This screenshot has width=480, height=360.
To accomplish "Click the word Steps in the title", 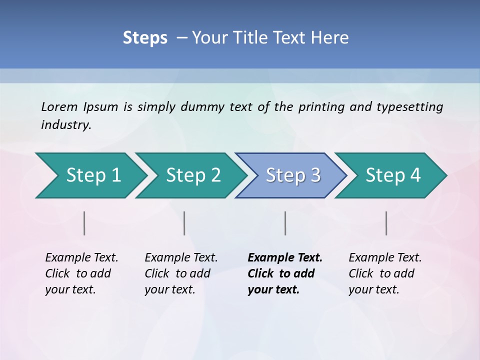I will click(145, 38).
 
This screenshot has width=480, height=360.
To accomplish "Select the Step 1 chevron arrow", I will click(90, 175).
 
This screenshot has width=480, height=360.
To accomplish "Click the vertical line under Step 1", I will click(84, 223).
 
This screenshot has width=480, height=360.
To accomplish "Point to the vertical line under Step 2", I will click(184, 223).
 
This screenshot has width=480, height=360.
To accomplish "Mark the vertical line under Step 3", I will click(285, 223).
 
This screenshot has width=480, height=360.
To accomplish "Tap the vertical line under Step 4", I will click(386, 223).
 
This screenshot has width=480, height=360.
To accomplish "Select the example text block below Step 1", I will click(81, 273).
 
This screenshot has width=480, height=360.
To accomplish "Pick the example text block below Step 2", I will click(180, 273).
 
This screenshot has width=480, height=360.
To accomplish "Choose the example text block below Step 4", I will click(384, 273).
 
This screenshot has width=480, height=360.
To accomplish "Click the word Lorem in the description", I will click(59, 107).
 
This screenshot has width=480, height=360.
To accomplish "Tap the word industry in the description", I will click(65, 125).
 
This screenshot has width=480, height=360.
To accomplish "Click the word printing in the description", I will click(320, 107).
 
